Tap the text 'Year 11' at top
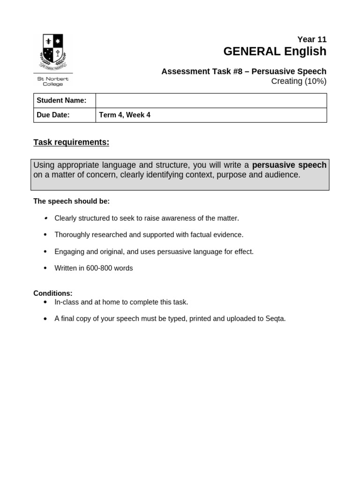tap(312, 39)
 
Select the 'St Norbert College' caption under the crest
tap(53, 82)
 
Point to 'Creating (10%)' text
tap(299, 81)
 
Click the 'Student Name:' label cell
tap(61, 100)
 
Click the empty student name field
tap(211, 100)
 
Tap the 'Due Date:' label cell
tap(53, 115)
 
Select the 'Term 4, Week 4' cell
tap(125, 115)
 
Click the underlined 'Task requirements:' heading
tap(71, 142)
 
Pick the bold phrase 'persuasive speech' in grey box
tap(289, 165)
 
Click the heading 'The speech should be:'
tap(71, 201)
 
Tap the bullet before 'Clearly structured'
tap(45, 218)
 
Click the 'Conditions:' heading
tap(53, 293)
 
